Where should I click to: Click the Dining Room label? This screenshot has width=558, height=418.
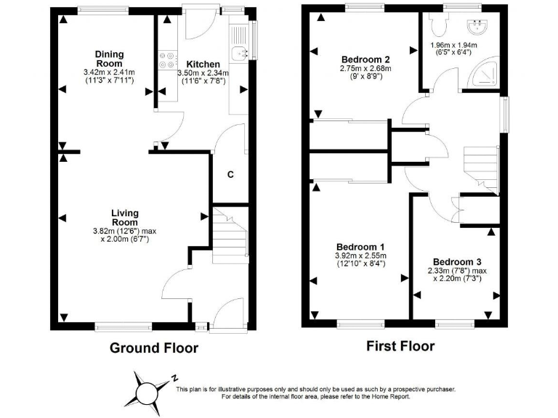point(110,59)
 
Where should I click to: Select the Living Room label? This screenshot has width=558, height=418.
point(124,217)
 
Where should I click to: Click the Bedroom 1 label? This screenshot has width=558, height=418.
point(360,247)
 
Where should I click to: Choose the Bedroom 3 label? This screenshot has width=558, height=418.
point(457,261)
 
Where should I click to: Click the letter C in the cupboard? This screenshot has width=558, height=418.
point(230,174)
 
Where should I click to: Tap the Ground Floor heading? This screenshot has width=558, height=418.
point(154,348)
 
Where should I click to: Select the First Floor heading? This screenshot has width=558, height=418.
point(400,346)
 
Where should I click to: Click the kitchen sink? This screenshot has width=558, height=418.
point(240,52)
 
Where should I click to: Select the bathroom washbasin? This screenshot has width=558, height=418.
point(479,28)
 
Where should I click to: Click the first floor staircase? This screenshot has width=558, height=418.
point(480,163)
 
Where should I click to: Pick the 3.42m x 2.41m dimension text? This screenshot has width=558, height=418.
point(110,73)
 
